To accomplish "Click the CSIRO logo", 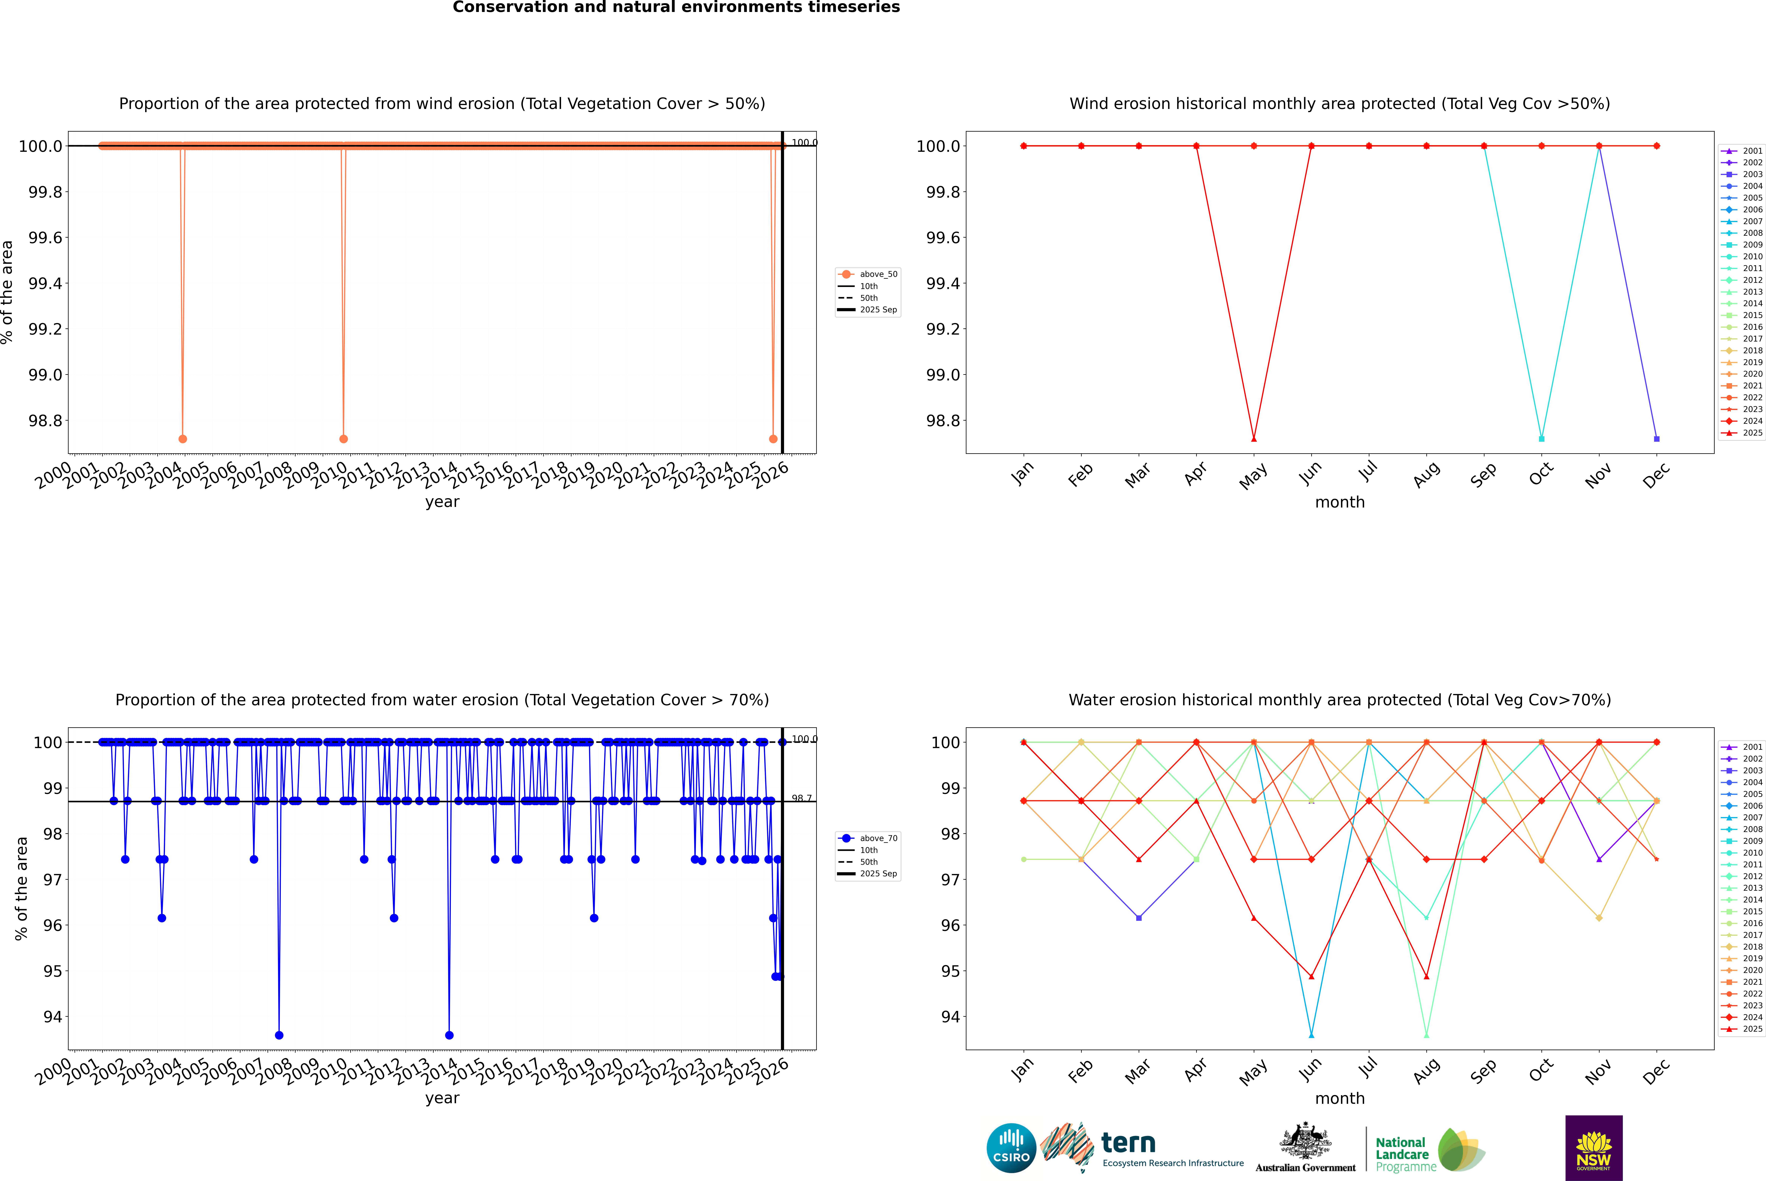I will pyautogui.click(x=1011, y=1148).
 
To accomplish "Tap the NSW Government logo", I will pyautogui.click(x=1594, y=1148).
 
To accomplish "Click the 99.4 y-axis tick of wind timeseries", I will pyautogui.click(x=45, y=283).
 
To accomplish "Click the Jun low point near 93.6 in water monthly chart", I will pyautogui.click(x=1311, y=1035).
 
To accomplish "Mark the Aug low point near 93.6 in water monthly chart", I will pyautogui.click(x=1427, y=1035).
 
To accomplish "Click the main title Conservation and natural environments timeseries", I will pyautogui.click(x=676, y=7).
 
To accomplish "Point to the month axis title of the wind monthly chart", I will pyautogui.click(x=1339, y=502).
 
